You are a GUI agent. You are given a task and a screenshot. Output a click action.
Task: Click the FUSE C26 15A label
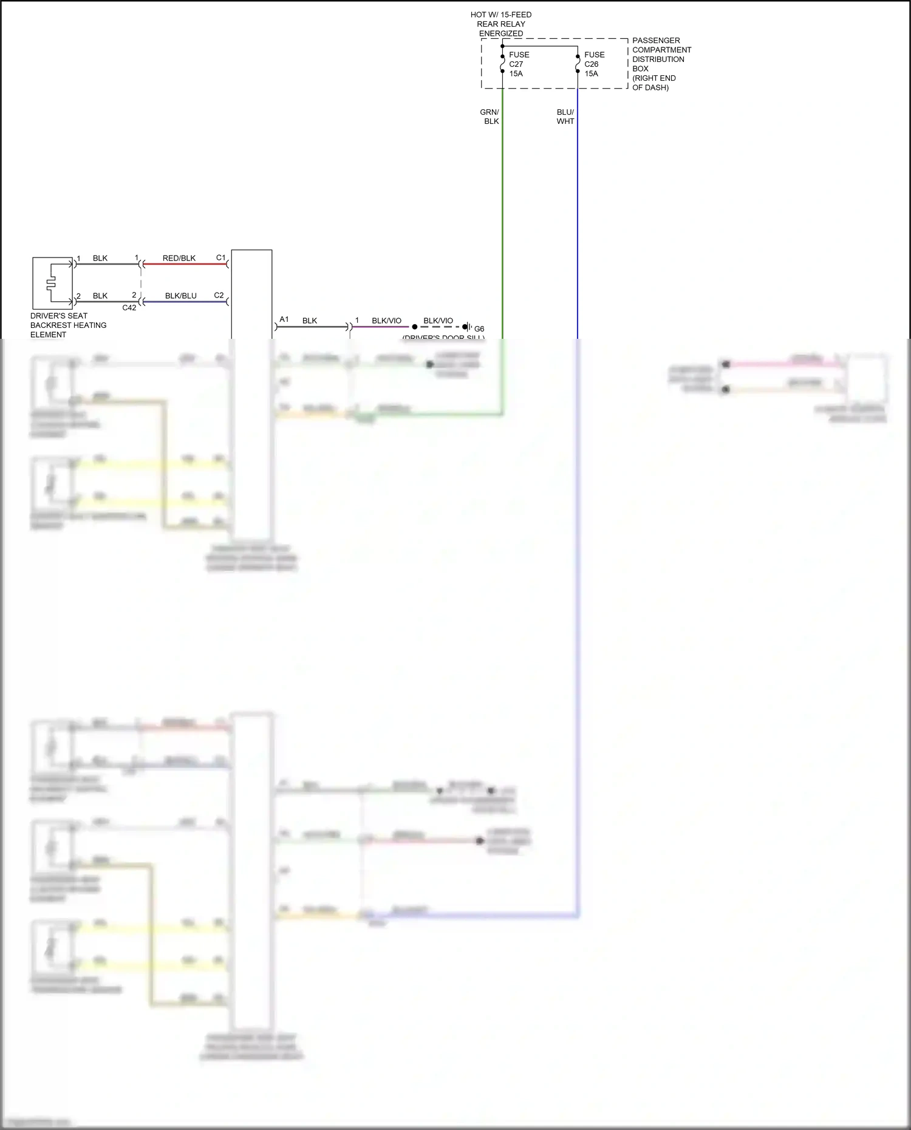coord(593,64)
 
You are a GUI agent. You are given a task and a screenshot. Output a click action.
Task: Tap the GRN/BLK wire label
coord(490,117)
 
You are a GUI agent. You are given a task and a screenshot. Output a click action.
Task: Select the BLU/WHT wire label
coord(565,117)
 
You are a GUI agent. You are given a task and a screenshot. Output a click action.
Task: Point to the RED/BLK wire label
coord(179,258)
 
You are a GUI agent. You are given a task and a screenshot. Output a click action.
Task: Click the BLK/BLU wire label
coord(181,296)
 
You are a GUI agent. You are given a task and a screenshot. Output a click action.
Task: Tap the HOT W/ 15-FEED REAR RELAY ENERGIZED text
coord(501,24)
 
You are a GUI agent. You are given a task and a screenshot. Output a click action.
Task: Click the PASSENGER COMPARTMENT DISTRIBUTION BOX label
coord(661,64)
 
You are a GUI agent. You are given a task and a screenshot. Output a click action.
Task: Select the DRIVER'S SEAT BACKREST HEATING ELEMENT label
coord(68,325)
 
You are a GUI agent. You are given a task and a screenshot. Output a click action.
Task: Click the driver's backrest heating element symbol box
coord(52,283)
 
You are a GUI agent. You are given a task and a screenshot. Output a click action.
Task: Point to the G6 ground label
coord(479,328)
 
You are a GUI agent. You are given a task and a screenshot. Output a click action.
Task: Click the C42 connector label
coord(129,308)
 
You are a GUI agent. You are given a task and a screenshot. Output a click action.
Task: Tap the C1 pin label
coord(221,257)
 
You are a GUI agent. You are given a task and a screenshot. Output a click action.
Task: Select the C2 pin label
coord(219,295)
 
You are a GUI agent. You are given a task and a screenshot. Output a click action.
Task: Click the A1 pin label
coord(284,319)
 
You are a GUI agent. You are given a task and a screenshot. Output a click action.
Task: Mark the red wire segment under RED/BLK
coord(185,264)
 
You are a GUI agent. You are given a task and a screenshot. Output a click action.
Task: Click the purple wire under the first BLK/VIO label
coord(381,327)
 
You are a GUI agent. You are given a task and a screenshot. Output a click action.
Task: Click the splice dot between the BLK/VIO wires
coord(415,327)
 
